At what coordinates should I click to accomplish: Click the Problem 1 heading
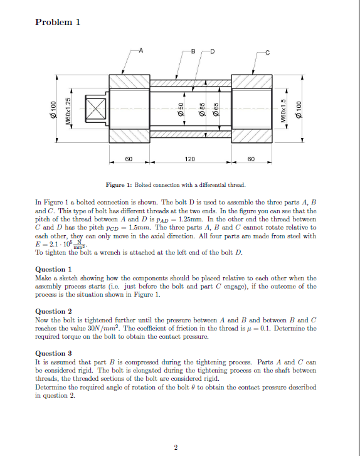point(58,23)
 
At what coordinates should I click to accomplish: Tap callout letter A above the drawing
point(140,50)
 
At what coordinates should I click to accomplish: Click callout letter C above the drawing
point(267,51)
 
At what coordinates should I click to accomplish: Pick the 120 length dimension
point(189,160)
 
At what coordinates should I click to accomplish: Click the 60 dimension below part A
point(127,160)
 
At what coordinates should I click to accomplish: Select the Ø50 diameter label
point(179,109)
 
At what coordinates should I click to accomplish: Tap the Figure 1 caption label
point(120,186)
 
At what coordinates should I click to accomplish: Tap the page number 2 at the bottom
point(176,447)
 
